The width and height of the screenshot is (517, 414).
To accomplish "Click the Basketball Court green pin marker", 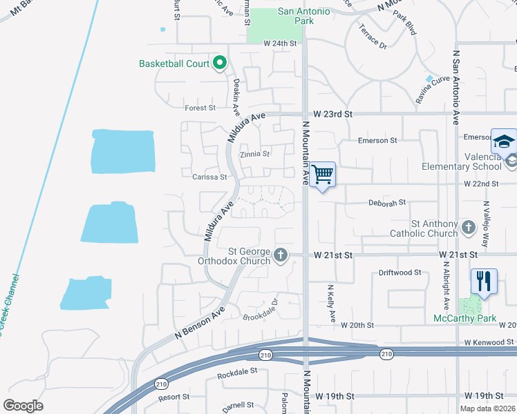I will pos(220,63).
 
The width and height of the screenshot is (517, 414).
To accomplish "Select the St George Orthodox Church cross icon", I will pos(281,255).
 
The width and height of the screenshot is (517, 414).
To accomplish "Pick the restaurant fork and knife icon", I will pos(483,281).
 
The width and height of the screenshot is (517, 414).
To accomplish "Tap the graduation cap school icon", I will pos(504,141).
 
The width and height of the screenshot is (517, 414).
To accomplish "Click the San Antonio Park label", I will pos(305,16).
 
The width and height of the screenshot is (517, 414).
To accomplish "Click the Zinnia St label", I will pos(254,154).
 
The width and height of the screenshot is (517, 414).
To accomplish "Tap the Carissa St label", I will pos(209,177).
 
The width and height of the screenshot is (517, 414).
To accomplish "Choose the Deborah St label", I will pos(386,204).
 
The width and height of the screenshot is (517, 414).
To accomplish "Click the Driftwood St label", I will pos(399,273).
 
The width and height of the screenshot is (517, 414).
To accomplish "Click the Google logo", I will pos(23,405).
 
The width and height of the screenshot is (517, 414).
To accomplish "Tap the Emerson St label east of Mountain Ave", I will pos(377,140).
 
